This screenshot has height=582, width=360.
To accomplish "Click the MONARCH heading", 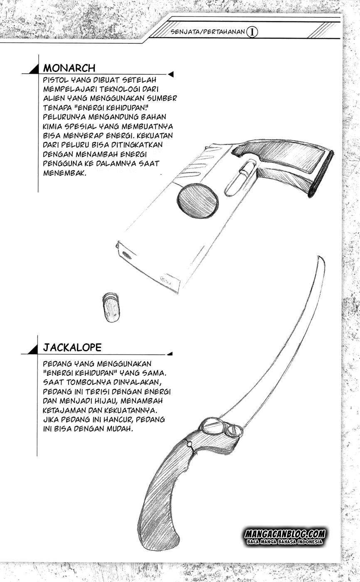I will [69, 68].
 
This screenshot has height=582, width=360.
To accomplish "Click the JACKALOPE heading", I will [72, 348].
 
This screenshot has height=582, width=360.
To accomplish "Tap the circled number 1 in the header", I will [252, 32].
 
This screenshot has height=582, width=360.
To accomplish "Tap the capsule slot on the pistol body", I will [237, 179].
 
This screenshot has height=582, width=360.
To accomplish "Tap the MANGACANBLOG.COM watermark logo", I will [285, 534].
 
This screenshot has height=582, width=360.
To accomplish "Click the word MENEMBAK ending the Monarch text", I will [64, 173].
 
